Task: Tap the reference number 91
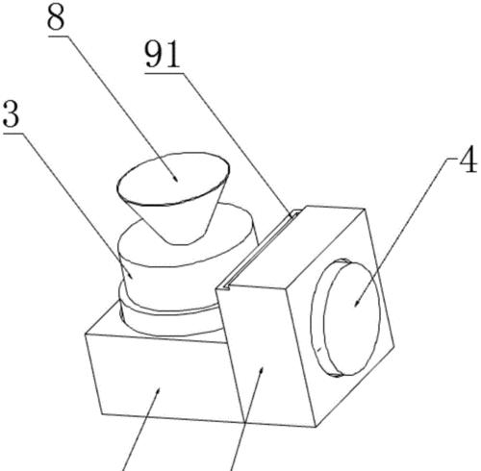coord(162,55)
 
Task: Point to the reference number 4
coord(468,161)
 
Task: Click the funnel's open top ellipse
coord(173,179)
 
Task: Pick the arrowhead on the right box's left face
coord(263,372)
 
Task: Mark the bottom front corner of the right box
coord(316,427)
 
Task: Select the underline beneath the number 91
coord(164,73)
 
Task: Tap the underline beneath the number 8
coord(59,37)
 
